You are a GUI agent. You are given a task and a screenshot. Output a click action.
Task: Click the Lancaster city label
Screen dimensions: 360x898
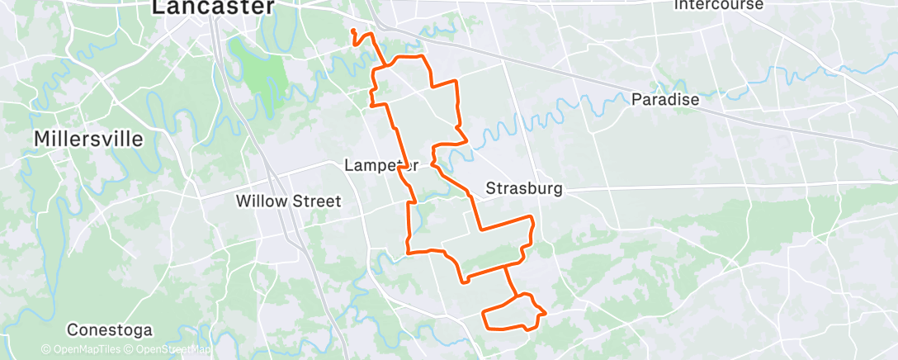coord(212,7)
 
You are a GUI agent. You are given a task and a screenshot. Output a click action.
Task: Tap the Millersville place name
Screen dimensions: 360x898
coord(88,139)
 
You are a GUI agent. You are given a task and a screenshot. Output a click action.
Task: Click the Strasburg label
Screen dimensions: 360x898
coord(523,188)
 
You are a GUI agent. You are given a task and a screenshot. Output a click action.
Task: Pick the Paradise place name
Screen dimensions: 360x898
coord(664,99)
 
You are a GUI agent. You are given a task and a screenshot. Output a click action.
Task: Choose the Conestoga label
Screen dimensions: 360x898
coord(110,330)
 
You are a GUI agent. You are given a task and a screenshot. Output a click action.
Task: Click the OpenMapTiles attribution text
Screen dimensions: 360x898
coord(80,349)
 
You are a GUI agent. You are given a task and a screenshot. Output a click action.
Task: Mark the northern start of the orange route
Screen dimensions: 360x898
coord(353,31)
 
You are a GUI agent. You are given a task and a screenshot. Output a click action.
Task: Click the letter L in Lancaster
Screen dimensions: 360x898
coord(158,7)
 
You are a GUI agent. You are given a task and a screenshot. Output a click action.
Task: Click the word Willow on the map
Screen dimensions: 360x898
coord(259,201)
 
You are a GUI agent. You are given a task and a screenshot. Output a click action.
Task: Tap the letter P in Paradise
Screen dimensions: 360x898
coord(636,99)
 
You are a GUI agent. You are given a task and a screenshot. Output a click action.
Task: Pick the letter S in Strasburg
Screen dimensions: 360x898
coord(489,188)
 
